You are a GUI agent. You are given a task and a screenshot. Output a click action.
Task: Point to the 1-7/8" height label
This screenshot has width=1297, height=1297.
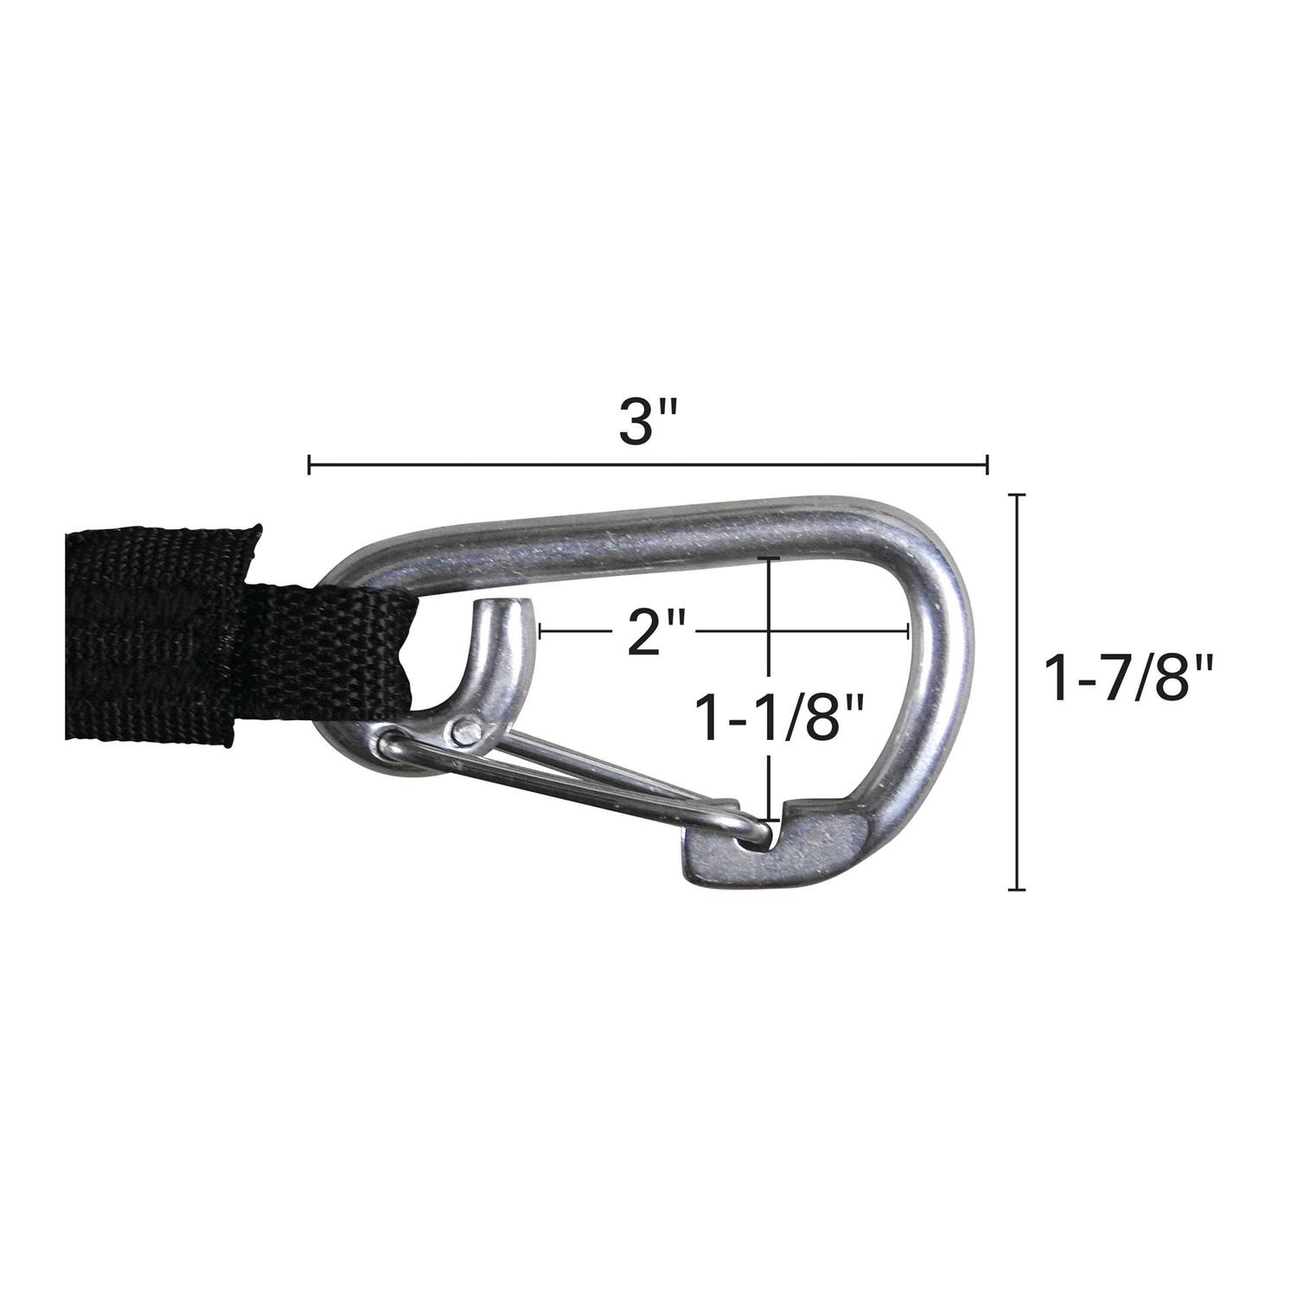pyautogui.click(x=1130, y=677)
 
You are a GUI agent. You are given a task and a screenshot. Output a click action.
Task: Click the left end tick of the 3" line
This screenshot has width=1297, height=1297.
pyautogui.click(x=310, y=466)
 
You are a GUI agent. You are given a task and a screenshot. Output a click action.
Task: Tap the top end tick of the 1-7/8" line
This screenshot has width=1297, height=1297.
pyautogui.click(x=1018, y=495)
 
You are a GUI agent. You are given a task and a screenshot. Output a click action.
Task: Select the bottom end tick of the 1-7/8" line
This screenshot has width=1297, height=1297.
pyautogui.click(x=1018, y=888)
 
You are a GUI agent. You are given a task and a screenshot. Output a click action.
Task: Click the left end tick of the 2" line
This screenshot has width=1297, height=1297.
pyautogui.click(x=540, y=632)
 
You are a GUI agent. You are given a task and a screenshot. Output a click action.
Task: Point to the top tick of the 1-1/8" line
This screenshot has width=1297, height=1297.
pyautogui.click(x=769, y=560)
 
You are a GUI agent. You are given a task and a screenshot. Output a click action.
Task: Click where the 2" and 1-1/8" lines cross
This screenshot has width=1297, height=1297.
pyautogui.click(x=769, y=632)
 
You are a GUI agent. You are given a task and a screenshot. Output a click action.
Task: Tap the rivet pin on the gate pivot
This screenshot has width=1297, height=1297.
pyautogui.click(x=466, y=732)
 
